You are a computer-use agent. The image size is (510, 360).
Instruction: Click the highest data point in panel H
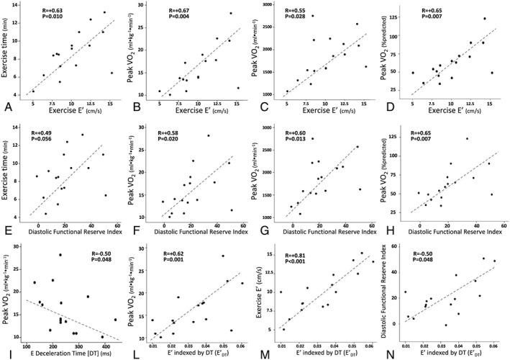coord(466,139)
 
